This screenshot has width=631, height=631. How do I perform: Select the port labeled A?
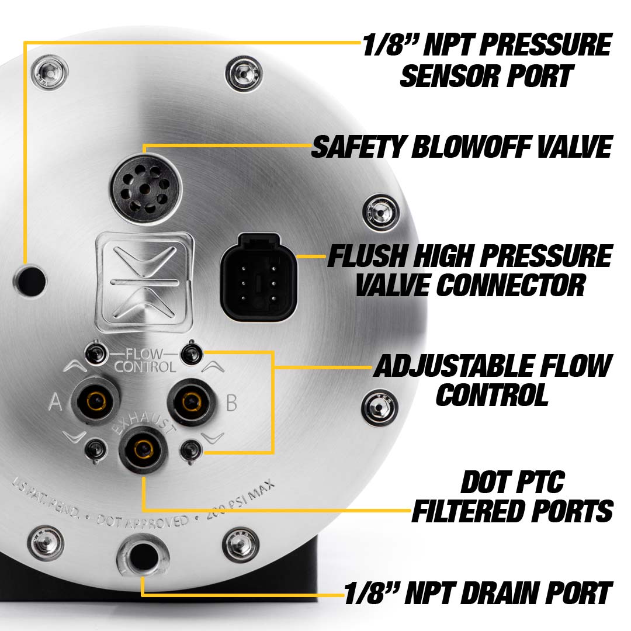point(95,401)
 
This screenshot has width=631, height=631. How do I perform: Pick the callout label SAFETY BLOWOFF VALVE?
point(461,147)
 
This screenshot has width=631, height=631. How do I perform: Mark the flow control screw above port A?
point(95,352)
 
